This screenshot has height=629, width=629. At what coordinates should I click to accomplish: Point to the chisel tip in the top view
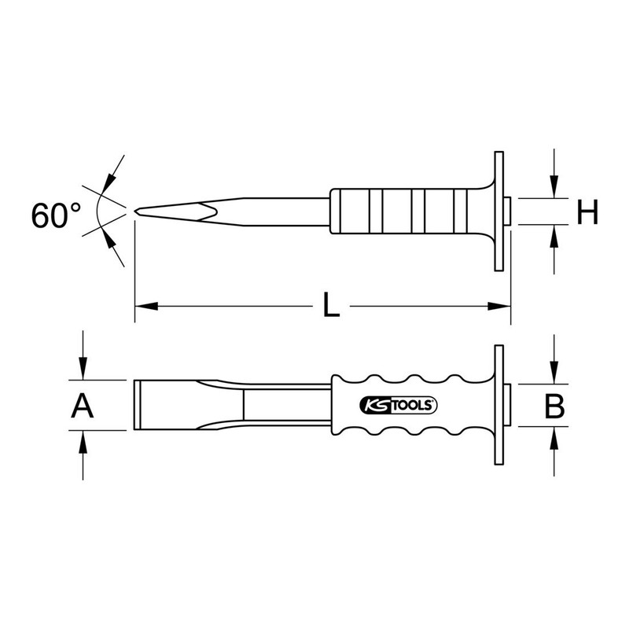[x=138, y=210]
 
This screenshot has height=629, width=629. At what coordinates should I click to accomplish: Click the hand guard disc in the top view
[x=498, y=211]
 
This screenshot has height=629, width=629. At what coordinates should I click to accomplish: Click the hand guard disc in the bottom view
[x=498, y=406]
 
